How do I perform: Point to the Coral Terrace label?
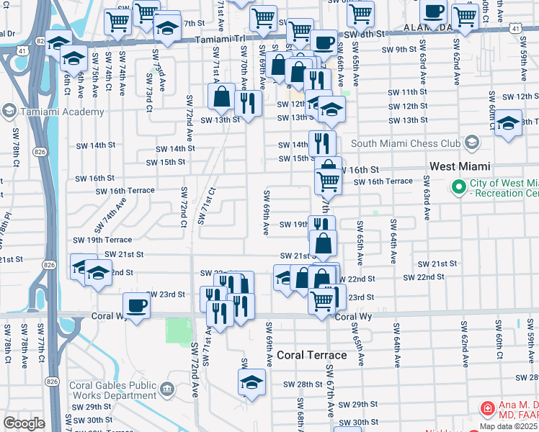pyautogui.click(x=313, y=355)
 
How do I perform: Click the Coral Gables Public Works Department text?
pyautogui.click(x=112, y=390)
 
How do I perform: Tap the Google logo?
pyautogui.click(x=24, y=423)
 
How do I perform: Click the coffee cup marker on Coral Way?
pyautogui.click(x=136, y=306)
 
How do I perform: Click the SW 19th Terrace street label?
pyautogui.click(x=102, y=240)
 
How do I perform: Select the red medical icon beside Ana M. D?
pyautogui.click(x=488, y=408)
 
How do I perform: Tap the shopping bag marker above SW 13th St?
pyautogui.click(x=223, y=96)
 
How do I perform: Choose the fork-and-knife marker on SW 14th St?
pyautogui.click(x=322, y=143)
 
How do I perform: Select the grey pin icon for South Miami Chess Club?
pyautogui.click(x=472, y=143)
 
